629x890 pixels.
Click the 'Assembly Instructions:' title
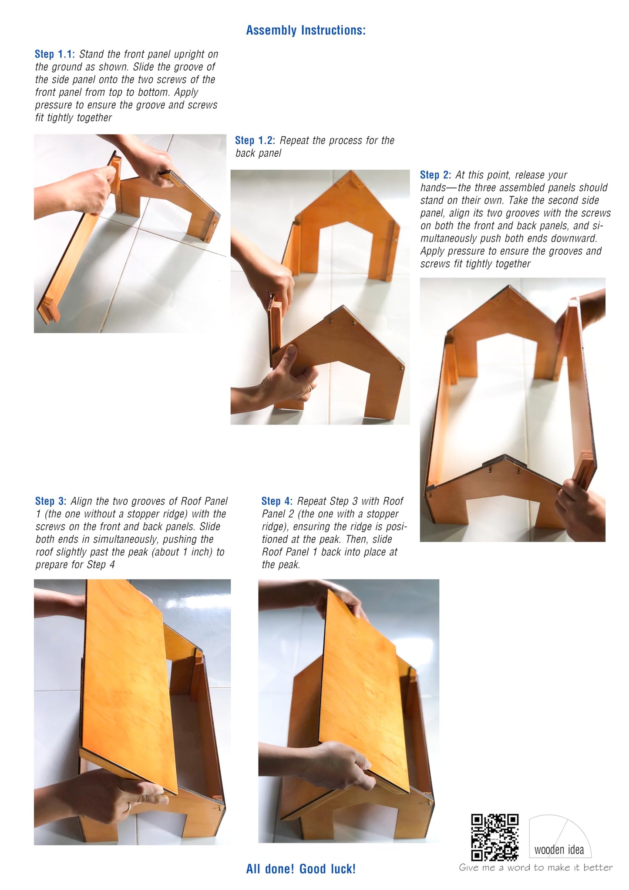click(x=306, y=30)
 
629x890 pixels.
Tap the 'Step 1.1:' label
click(x=55, y=54)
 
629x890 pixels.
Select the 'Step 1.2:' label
click(x=255, y=140)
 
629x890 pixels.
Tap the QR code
click(x=495, y=837)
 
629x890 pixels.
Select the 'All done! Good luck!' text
click(x=301, y=869)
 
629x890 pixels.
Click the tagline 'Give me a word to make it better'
click(x=536, y=867)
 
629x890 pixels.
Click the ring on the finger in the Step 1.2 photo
click(x=310, y=388)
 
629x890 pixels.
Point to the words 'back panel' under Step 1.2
click(x=258, y=153)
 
